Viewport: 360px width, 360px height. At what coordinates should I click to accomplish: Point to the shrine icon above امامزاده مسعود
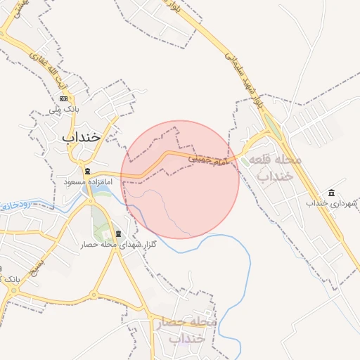[x=87, y=172]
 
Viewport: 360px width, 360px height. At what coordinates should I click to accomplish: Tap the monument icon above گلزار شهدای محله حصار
[x=117, y=233]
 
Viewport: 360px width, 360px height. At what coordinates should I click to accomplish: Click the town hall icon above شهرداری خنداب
[x=331, y=193]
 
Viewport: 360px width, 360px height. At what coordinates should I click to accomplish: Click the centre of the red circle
[x=180, y=179]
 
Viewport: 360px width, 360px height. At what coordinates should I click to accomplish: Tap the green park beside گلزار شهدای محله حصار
[x=103, y=231]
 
